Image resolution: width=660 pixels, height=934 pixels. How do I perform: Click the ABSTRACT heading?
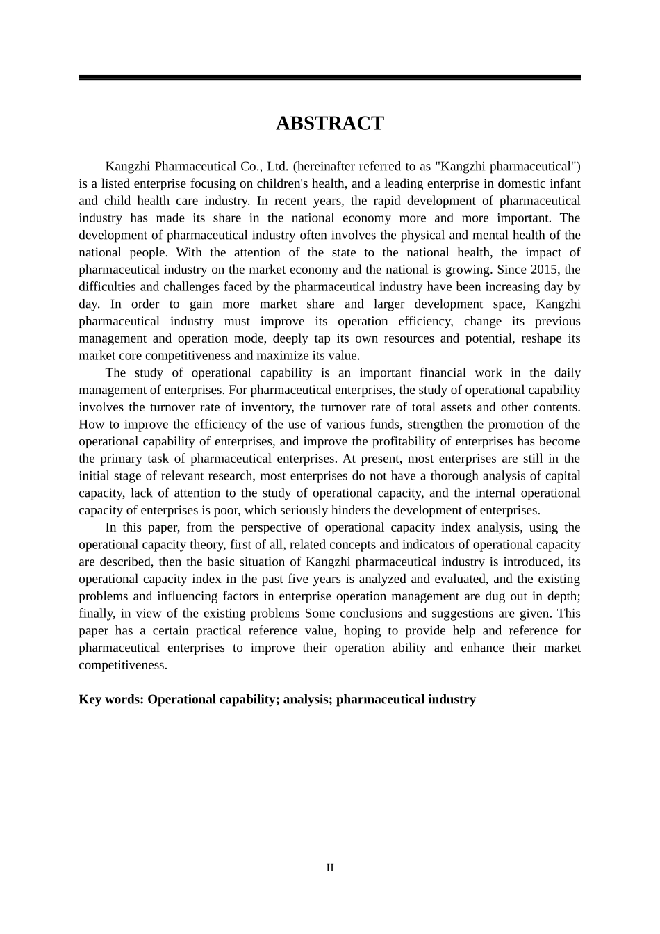(x=329, y=124)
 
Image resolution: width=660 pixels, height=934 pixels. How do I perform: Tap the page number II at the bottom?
(x=330, y=868)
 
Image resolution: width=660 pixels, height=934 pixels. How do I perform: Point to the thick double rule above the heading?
(x=329, y=78)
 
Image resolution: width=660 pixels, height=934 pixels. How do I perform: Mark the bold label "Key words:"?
(x=111, y=699)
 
